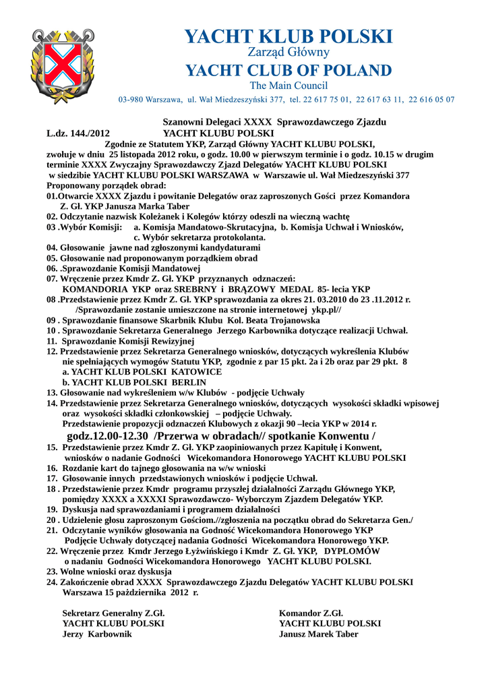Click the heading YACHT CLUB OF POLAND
tap(288, 70)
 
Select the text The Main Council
tap(288, 86)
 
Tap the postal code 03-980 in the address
tap(133, 100)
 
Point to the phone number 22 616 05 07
tap(431, 100)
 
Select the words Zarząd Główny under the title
tap(288, 52)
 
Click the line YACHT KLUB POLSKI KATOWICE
tap(142, 371)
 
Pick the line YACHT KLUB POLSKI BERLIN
tap(134, 382)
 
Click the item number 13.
tap(52, 393)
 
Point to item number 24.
tap(52, 582)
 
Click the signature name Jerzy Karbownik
tap(98, 634)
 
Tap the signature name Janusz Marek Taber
tap(319, 634)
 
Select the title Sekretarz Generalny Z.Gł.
tap(113, 613)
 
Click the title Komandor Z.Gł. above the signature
tap(311, 613)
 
